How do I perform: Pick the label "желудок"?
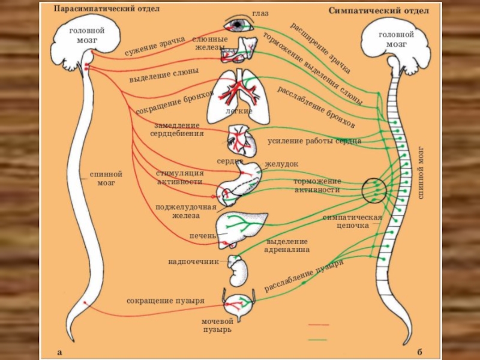[x=281, y=164]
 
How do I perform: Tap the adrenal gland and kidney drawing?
[x=238, y=270]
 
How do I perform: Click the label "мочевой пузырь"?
[x=217, y=326]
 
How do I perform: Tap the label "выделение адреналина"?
[x=288, y=244]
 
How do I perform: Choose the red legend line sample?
[x=318, y=325]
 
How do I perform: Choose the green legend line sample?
[x=318, y=339]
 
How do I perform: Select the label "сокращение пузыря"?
[x=166, y=299]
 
